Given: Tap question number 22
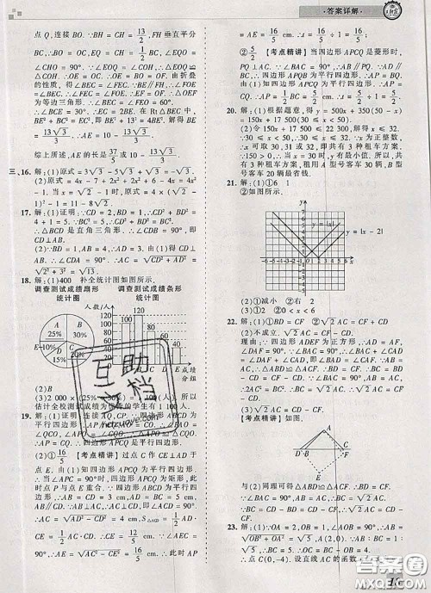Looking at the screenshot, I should point(230,320).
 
